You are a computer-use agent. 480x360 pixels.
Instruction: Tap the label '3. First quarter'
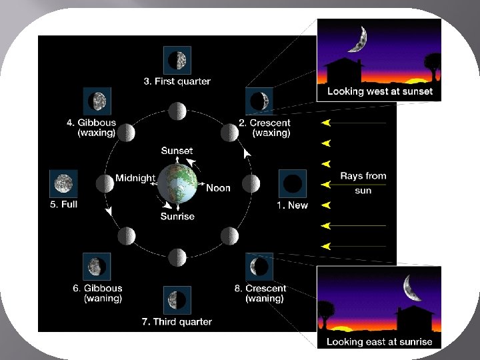177,81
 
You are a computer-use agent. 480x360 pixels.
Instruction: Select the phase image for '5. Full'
64,183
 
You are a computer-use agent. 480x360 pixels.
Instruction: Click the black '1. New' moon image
292,183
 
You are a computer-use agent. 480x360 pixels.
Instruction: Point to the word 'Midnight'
135,178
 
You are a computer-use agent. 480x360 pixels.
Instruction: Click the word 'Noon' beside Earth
218,188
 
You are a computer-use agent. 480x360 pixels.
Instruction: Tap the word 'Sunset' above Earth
177,151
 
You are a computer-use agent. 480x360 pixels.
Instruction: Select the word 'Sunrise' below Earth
177,216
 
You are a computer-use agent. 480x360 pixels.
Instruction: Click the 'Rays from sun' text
363,183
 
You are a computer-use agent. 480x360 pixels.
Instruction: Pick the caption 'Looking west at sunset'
379,91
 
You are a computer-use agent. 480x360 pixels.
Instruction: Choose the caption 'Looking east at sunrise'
379,342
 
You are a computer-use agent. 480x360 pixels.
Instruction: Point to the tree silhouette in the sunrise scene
326,313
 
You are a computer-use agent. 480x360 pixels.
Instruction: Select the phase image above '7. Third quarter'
177,300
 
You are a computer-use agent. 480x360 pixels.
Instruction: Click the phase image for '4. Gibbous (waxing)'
97,101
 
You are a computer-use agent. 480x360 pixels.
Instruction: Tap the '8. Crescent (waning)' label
265,293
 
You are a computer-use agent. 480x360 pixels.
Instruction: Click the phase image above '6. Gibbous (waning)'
97,267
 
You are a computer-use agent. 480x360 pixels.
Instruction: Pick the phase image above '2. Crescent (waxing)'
259,101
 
